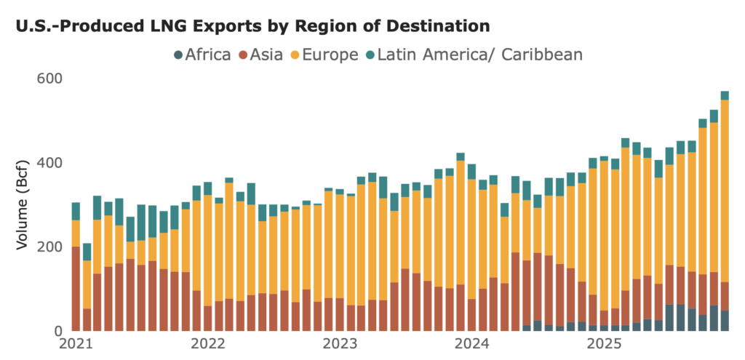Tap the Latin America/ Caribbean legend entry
click(473, 54)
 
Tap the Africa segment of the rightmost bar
click(725, 321)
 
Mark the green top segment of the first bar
click(76, 211)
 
